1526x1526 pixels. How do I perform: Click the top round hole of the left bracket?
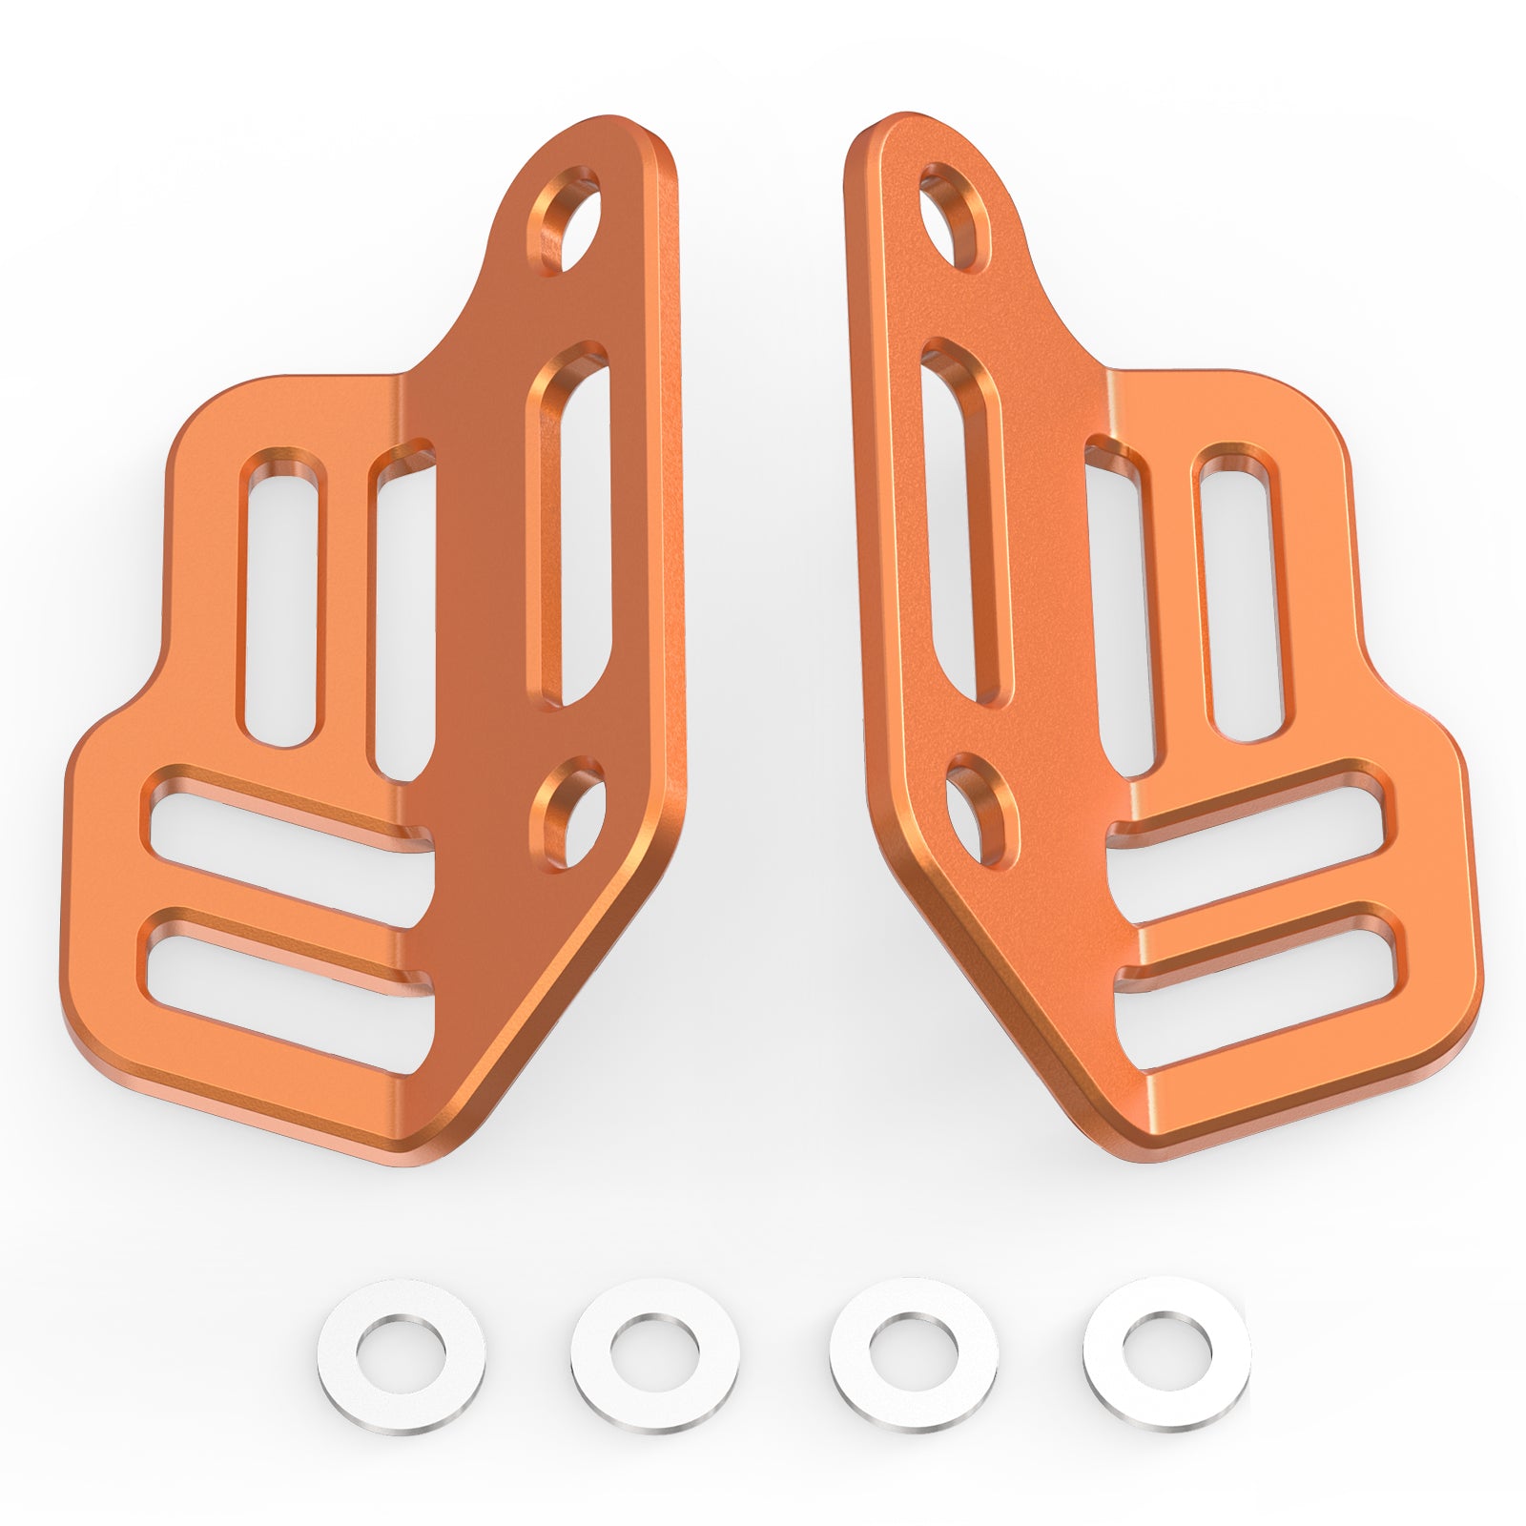(569, 221)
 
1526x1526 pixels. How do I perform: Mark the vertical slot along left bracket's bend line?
(401, 620)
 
